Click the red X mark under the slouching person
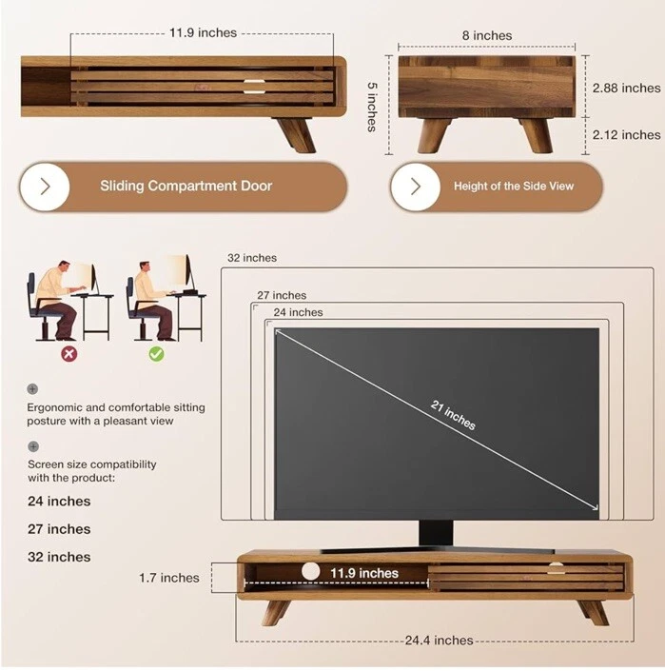pyautogui.click(x=69, y=354)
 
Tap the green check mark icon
pyautogui.click(x=156, y=354)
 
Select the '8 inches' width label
pyautogui.click(x=487, y=35)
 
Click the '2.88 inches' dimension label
pyautogui.click(x=626, y=89)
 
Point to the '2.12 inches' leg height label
pyautogui.click(x=626, y=135)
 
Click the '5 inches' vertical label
pyautogui.click(x=372, y=107)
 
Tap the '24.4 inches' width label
pyautogui.click(x=440, y=641)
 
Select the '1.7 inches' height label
pyautogui.click(x=169, y=578)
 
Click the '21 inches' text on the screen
pyautogui.click(x=453, y=415)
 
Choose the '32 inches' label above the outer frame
pyautogui.click(x=252, y=258)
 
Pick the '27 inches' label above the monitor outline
pyautogui.click(x=282, y=295)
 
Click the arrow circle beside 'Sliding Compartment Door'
pyautogui.click(x=45, y=187)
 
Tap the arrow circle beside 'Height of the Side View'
pyautogui.click(x=416, y=187)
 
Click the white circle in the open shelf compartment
pyautogui.click(x=310, y=571)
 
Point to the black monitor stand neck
pyautogui.click(x=436, y=533)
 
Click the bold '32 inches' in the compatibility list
pyautogui.click(x=59, y=557)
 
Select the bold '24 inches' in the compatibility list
pyautogui.click(x=59, y=502)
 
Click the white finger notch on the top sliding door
pyautogui.click(x=254, y=86)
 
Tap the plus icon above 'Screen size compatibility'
pyautogui.click(x=33, y=446)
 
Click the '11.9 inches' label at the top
pyautogui.click(x=203, y=33)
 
